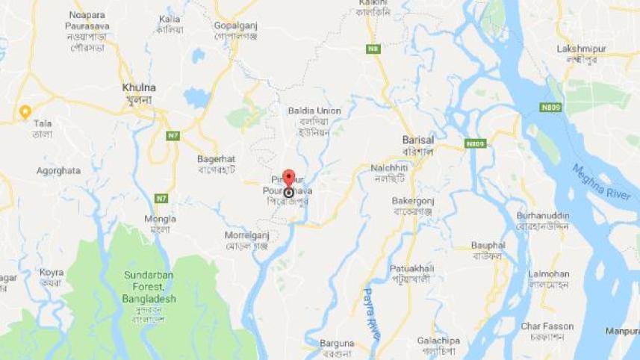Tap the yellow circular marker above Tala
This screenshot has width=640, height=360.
pos(25,112)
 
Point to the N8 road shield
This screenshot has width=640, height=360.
pos(373,49)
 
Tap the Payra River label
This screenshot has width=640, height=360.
pos(370,310)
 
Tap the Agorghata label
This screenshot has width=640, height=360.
pos(58,170)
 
